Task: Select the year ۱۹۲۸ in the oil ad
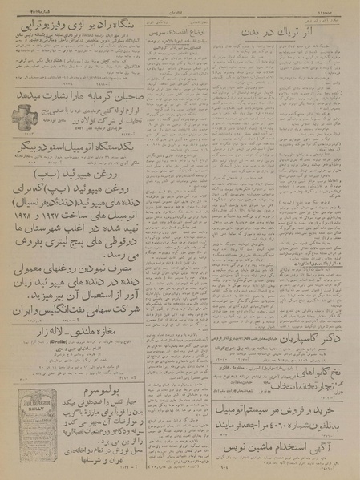click(x=26, y=231)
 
